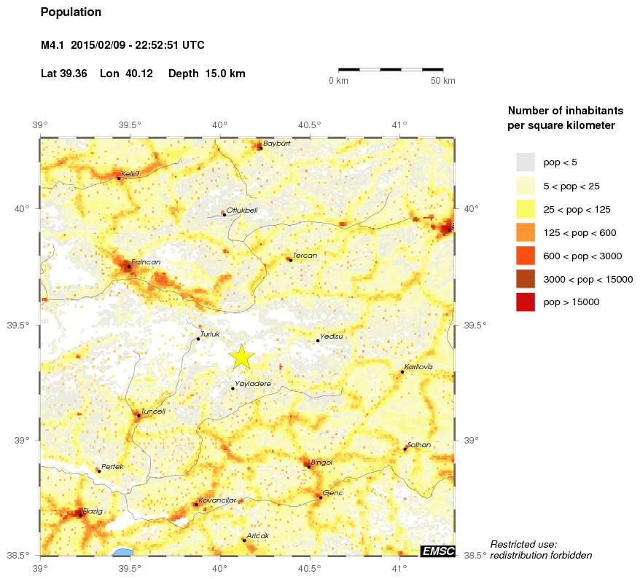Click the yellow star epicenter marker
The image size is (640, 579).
242,356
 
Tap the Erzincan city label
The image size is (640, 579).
146,261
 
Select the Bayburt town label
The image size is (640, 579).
277,143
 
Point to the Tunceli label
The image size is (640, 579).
153,411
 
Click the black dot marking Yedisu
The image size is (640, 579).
318,341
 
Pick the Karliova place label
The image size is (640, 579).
418,366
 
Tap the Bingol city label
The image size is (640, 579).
321,462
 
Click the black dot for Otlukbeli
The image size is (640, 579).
225,214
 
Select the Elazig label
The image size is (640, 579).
93,511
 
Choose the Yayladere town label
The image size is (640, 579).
253,383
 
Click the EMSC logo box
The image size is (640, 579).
437,551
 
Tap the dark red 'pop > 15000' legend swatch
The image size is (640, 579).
526,302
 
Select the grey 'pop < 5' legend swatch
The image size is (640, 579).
526,162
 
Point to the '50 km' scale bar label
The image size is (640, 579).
442,81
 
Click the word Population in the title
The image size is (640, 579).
71,12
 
